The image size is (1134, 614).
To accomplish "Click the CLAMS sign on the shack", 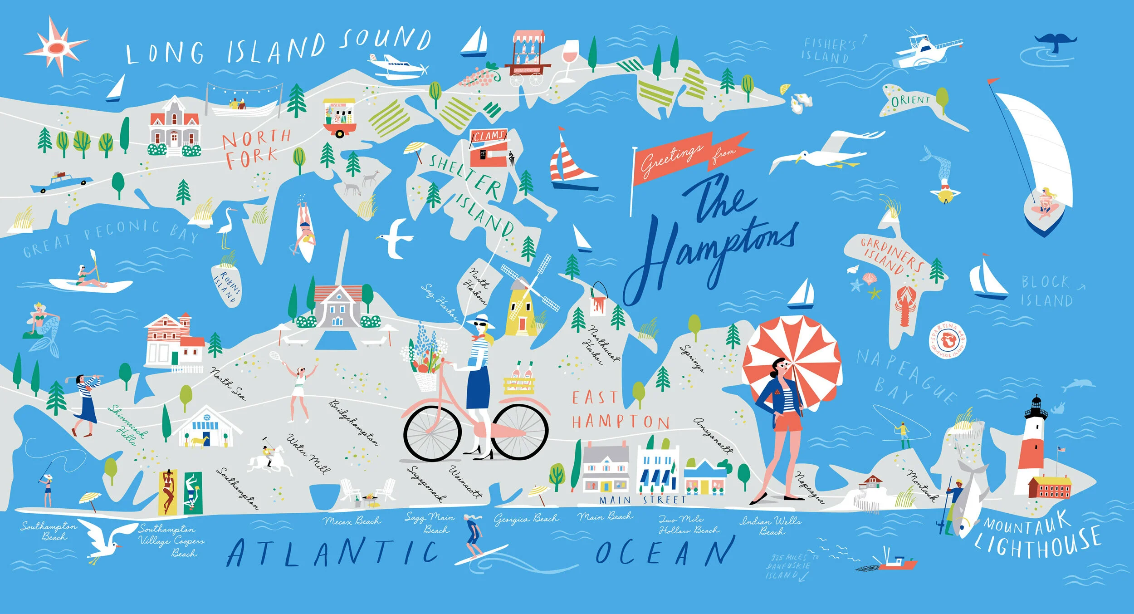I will (488, 135).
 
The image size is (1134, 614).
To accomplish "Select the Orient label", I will (910, 100).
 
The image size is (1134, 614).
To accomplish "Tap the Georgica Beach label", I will (526, 518).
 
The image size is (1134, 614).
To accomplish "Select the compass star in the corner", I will (56, 47).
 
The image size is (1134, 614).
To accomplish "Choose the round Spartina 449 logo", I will (948, 339).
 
